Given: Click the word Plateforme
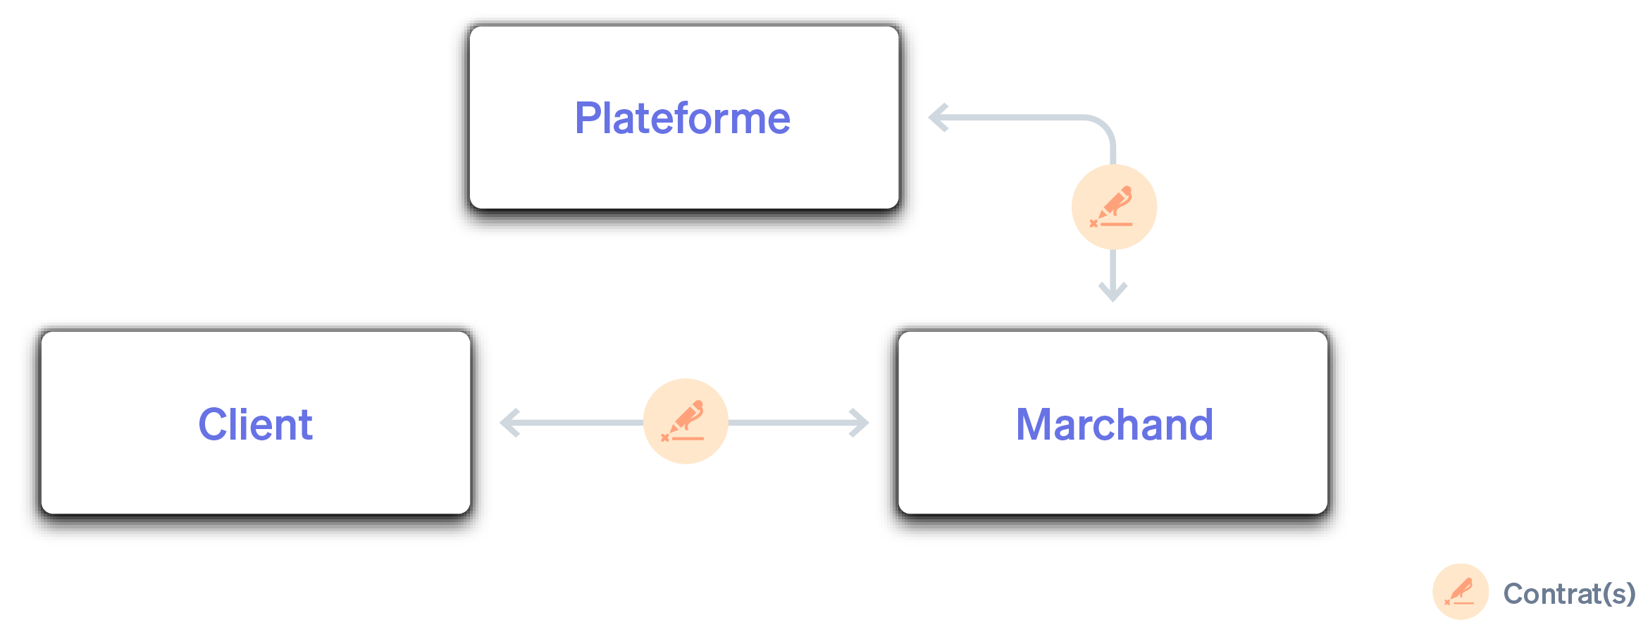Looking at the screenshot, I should (x=682, y=118).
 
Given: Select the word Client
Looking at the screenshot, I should (x=255, y=425).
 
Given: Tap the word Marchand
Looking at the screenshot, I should (x=1114, y=425).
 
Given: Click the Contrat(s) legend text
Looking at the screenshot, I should (x=1568, y=593).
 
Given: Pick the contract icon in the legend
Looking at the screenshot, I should (x=1460, y=591).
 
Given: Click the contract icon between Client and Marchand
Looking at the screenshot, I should (x=685, y=421).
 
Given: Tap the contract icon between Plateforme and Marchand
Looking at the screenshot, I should (x=1113, y=207).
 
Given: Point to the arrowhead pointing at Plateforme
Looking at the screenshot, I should (x=937, y=118).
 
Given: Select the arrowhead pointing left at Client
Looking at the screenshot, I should (x=509, y=423).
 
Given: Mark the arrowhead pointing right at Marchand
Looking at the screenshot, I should (x=860, y=423).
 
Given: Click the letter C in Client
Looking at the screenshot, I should (x=213, y=425).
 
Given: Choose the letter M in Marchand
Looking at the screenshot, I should (x=1034, y=425).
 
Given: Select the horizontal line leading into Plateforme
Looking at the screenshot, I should (x=1015, y=118).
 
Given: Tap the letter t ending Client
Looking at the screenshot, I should (x=306, y=426).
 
